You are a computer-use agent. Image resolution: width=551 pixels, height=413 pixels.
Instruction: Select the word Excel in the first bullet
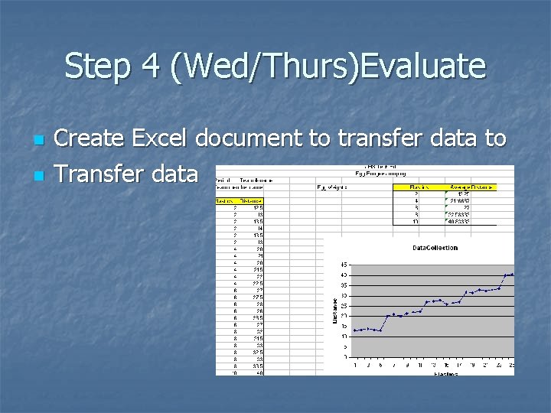(x=161, y=138)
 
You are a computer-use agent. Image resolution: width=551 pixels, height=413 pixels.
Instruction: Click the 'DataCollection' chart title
(x=435, y=248)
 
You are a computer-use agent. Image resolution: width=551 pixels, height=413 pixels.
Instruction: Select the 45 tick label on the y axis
(x=345, y=265)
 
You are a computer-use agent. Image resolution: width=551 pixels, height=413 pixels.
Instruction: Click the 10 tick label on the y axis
(x=345, y=336)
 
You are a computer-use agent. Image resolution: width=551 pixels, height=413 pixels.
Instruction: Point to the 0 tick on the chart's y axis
(x=347, y=356)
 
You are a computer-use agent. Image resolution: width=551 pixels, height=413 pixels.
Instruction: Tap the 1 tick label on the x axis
(x=355, y=364)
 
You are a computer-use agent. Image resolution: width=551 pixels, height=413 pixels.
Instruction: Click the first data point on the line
(x=355, y=330)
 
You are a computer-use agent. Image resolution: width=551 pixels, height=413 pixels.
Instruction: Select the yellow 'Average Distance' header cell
(x=471, y=187)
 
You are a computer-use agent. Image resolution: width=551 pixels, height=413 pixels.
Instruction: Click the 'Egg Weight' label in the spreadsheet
(x=332, y=186)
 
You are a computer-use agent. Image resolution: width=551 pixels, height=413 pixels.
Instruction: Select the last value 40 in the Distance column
(x=259, y=372)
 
